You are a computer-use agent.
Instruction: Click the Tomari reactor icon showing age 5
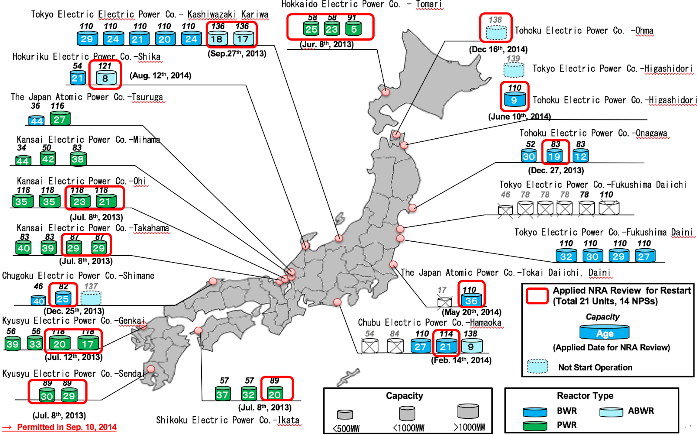[353, 29]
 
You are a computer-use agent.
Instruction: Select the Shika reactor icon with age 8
[105, 78]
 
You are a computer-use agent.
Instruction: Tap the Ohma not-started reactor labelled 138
[496, 32]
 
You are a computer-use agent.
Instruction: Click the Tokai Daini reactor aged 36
[471, 300]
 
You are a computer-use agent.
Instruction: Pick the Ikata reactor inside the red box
[274, 394]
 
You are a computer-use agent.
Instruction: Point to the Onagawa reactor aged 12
[580, 156]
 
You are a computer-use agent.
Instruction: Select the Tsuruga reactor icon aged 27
[60, 119]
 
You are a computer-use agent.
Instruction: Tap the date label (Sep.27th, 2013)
[237, 54]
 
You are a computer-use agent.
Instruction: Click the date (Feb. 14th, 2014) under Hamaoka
[461, 360]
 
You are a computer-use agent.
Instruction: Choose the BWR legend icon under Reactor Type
[535, 411]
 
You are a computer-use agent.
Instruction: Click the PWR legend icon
[535, 425]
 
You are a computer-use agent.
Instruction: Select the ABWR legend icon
[611, 412]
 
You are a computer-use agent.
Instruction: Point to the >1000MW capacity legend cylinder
[468, 411]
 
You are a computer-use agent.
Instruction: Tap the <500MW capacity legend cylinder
[345, 414]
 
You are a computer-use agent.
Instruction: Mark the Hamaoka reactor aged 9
[471, 346]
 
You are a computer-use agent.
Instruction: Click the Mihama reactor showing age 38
[78, 159]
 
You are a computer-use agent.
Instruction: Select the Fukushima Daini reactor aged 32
[566, 256]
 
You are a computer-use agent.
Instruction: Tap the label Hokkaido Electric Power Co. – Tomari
[361, 4]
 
